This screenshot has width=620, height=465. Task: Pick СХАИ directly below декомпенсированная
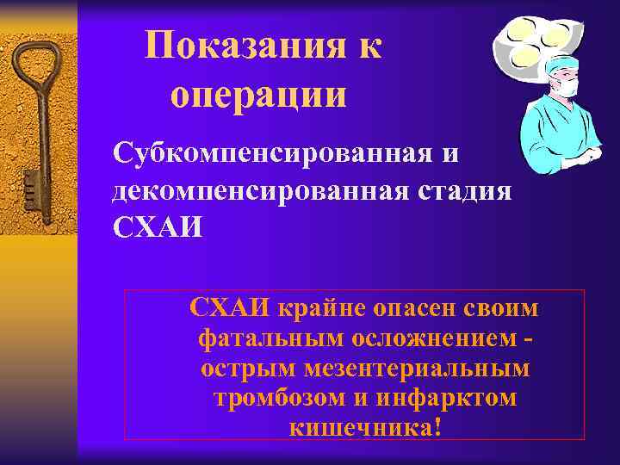158,226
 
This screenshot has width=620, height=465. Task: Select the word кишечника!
366,427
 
